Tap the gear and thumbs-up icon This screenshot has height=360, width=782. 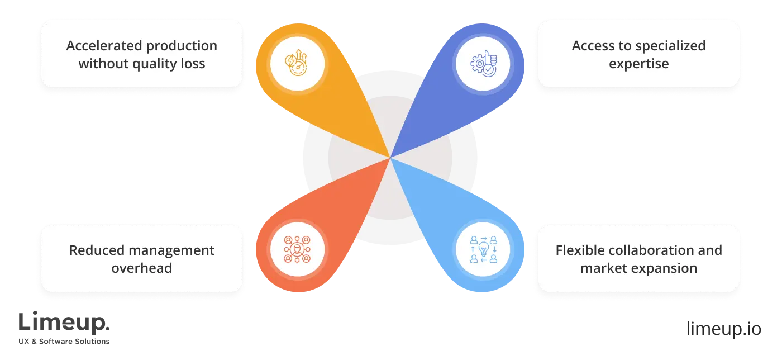pyautogui.click(x=483, y=63)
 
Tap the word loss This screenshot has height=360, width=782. pyautogui.click(x=193, y=64)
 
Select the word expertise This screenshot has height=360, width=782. pyautogui.click(x=638, y=64)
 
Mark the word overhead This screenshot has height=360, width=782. pyautogui.click(x=141, y=268)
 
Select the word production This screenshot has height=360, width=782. pyautogui.click(x=182, y=46)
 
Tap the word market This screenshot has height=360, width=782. pyautogui.click(x=602, y=268)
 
